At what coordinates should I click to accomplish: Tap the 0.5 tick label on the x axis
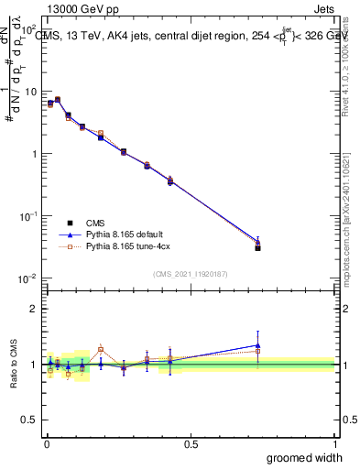point(190,443)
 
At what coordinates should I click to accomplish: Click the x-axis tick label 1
point(334,443)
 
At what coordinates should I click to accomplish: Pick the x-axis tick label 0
point(46,443)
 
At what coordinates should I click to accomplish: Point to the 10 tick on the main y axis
point(31,92)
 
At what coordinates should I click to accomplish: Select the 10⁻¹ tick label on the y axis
point(29,216)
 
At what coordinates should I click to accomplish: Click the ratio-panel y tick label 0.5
point(30,419)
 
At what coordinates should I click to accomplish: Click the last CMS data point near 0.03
point(258,248)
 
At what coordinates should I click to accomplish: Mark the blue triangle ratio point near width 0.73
point(258,345)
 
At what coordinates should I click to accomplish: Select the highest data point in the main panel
point(58,99)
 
